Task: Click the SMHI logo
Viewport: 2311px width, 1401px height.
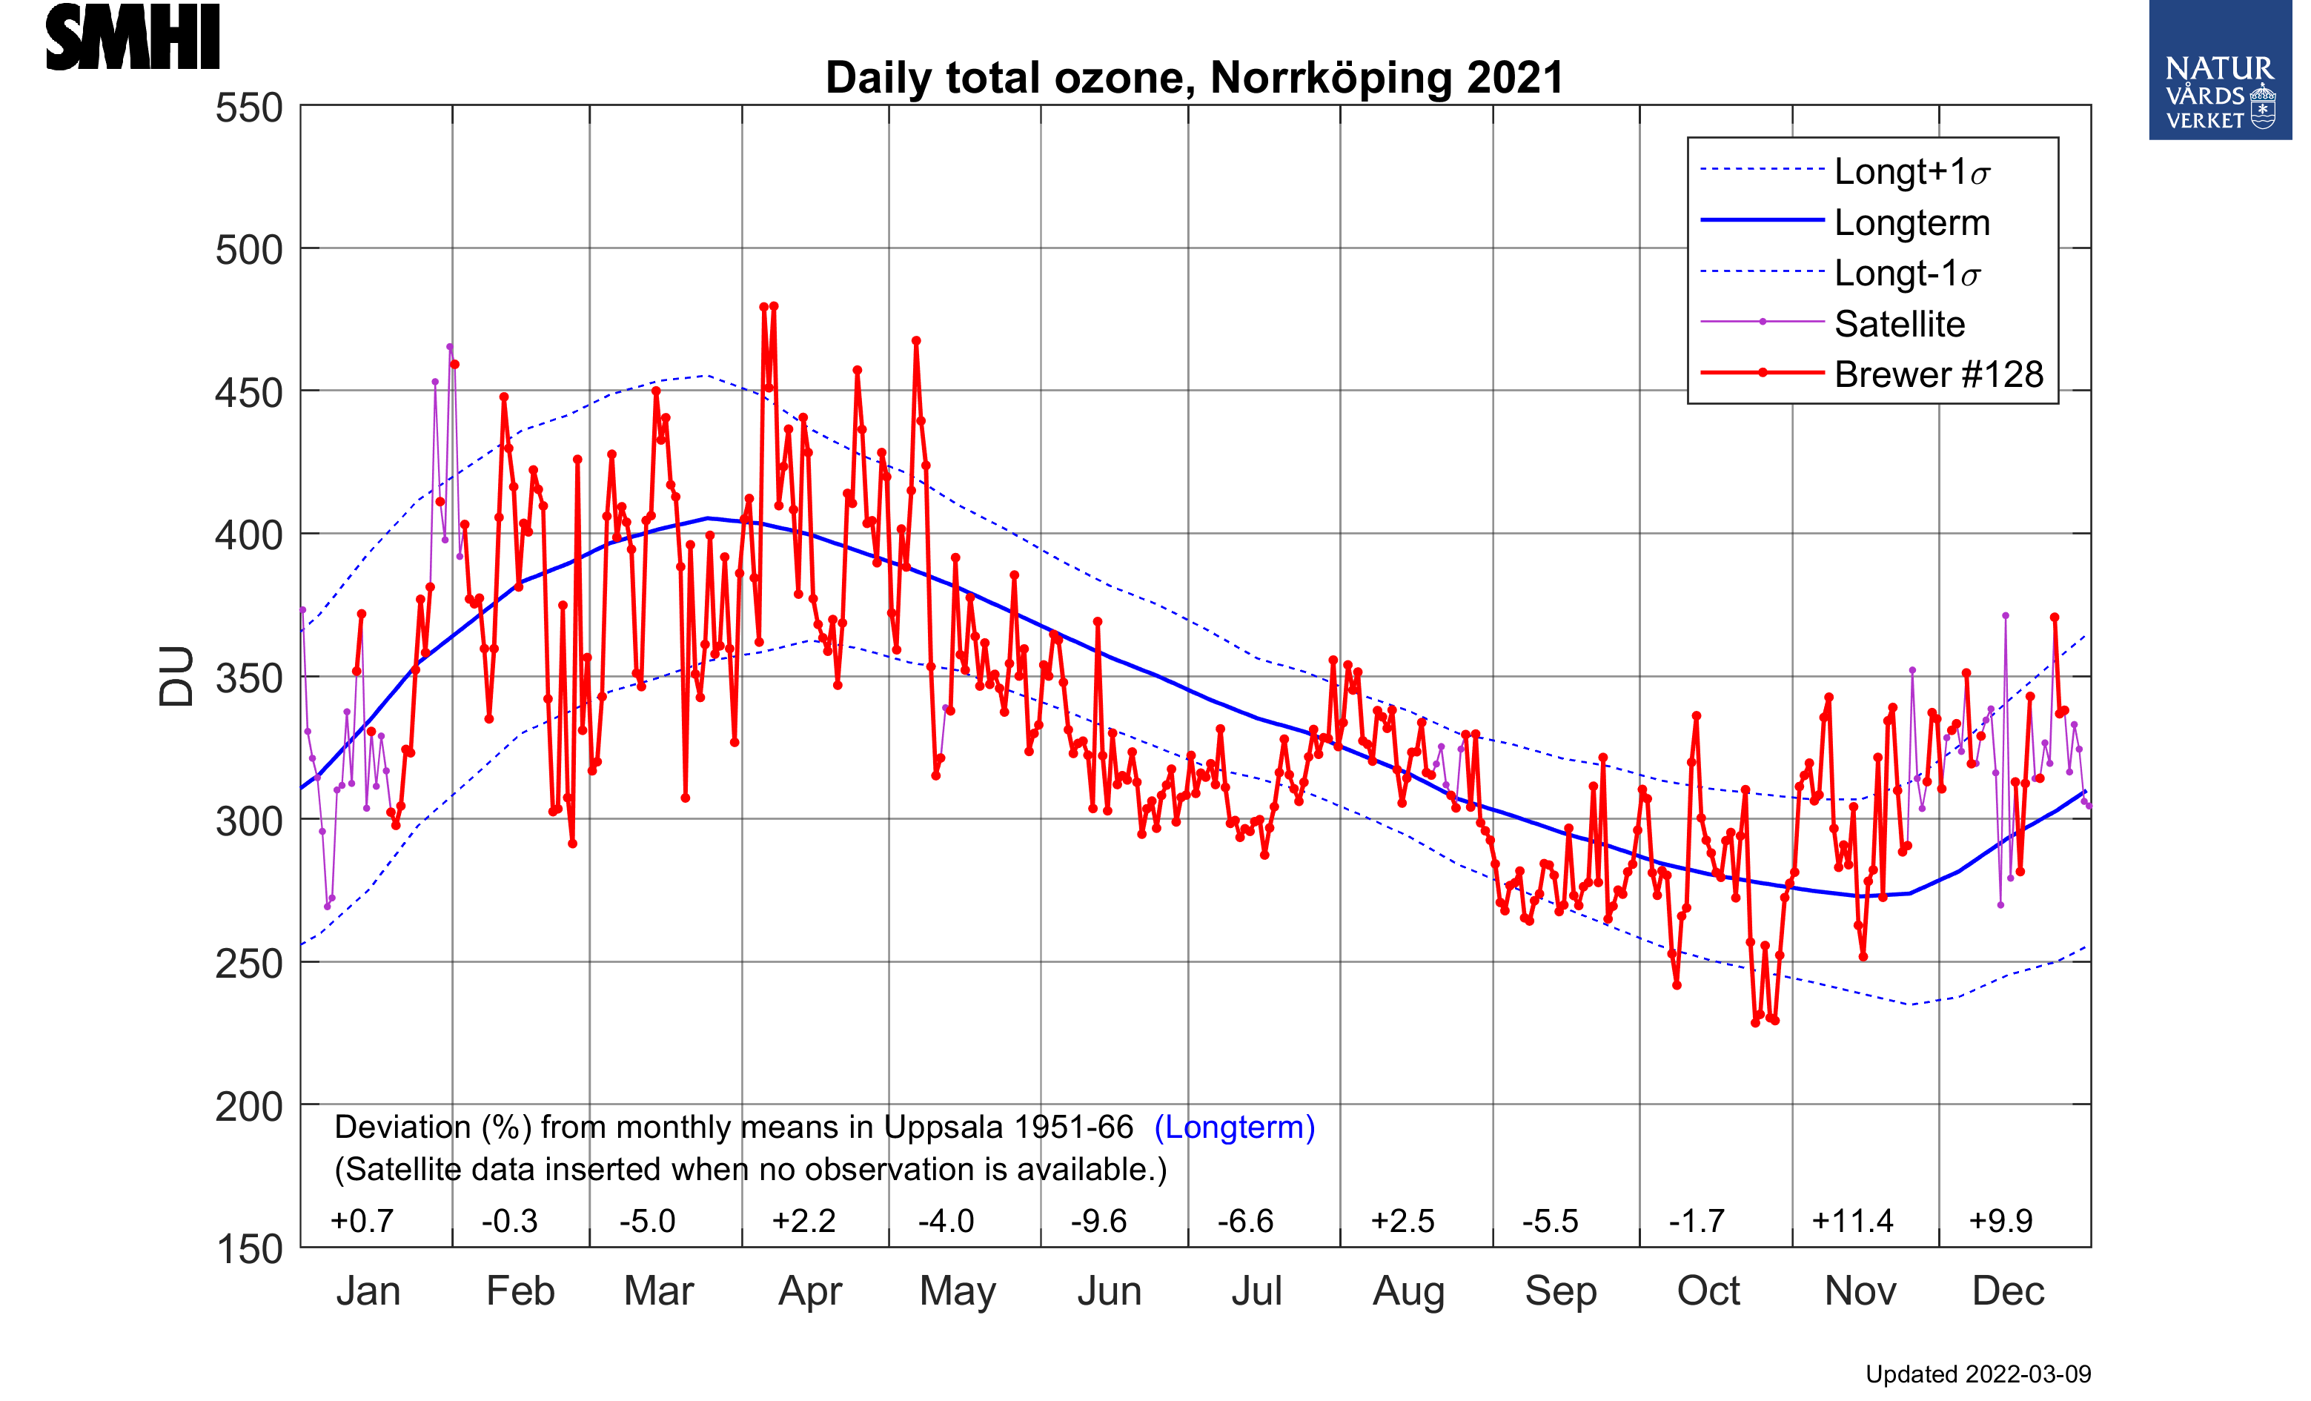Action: [x=132, y=38]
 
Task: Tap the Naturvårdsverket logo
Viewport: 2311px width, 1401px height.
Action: [x=2219, y=71]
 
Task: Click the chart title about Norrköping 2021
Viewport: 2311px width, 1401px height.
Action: [x=1194, y=78]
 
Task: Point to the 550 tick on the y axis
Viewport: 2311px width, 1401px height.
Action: [x=248, y=107]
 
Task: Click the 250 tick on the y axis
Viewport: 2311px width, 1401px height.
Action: [x=248, y=964]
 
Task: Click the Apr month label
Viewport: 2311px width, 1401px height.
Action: [x=810, y=1291]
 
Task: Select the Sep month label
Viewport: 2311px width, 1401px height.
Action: [x=1561, y=1291]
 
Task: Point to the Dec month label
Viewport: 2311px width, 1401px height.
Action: [x=2008, y=1291]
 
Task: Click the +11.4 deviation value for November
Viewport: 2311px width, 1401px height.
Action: [x=1852, y=1221]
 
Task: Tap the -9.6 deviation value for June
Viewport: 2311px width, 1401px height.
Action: [x=1098, y=1221]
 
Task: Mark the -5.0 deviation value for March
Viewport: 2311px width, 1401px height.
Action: [x=647, y=1221]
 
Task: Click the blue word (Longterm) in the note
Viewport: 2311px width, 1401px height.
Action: [x=1234, y=1127]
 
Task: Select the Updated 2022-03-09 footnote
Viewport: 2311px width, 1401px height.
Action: [x=1978, y=1375]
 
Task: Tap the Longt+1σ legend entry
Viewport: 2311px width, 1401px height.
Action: [x=1912, y=172]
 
